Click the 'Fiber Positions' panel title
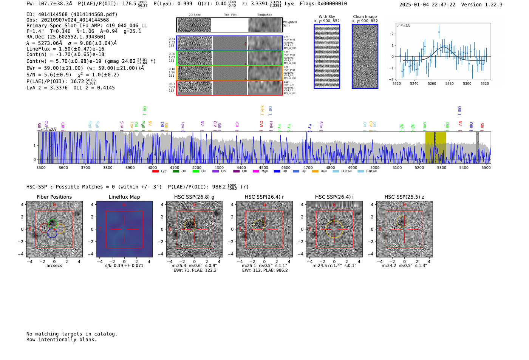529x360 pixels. [x=54, y=197]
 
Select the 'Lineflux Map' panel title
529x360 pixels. [x=124, y=197]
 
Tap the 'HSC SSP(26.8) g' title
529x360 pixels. [x=194, y=197]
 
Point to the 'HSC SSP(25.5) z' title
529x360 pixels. [x=404, y=197]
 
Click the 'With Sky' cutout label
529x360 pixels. [x=327, y=17]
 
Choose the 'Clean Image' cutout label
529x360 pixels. [x=365, y=17]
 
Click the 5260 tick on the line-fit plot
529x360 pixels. [x=432, y=83]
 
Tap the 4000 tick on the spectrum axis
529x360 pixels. [x=152, y=168]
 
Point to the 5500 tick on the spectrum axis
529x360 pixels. [x=486, y=168]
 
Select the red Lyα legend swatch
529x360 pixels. [x=155, y=172]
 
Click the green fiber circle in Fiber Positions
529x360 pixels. [x=53, y=223]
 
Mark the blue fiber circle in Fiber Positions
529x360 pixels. [x=52, y=233]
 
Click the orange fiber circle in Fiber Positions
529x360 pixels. [x=60, y=229]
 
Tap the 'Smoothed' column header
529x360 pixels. [x=264, y=15]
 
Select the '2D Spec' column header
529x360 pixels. [x=195, y=15]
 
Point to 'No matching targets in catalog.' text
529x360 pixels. [x=72, y=334]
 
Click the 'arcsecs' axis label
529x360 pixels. [x=54, y=266]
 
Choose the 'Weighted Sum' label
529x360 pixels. [x=289, y=24]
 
